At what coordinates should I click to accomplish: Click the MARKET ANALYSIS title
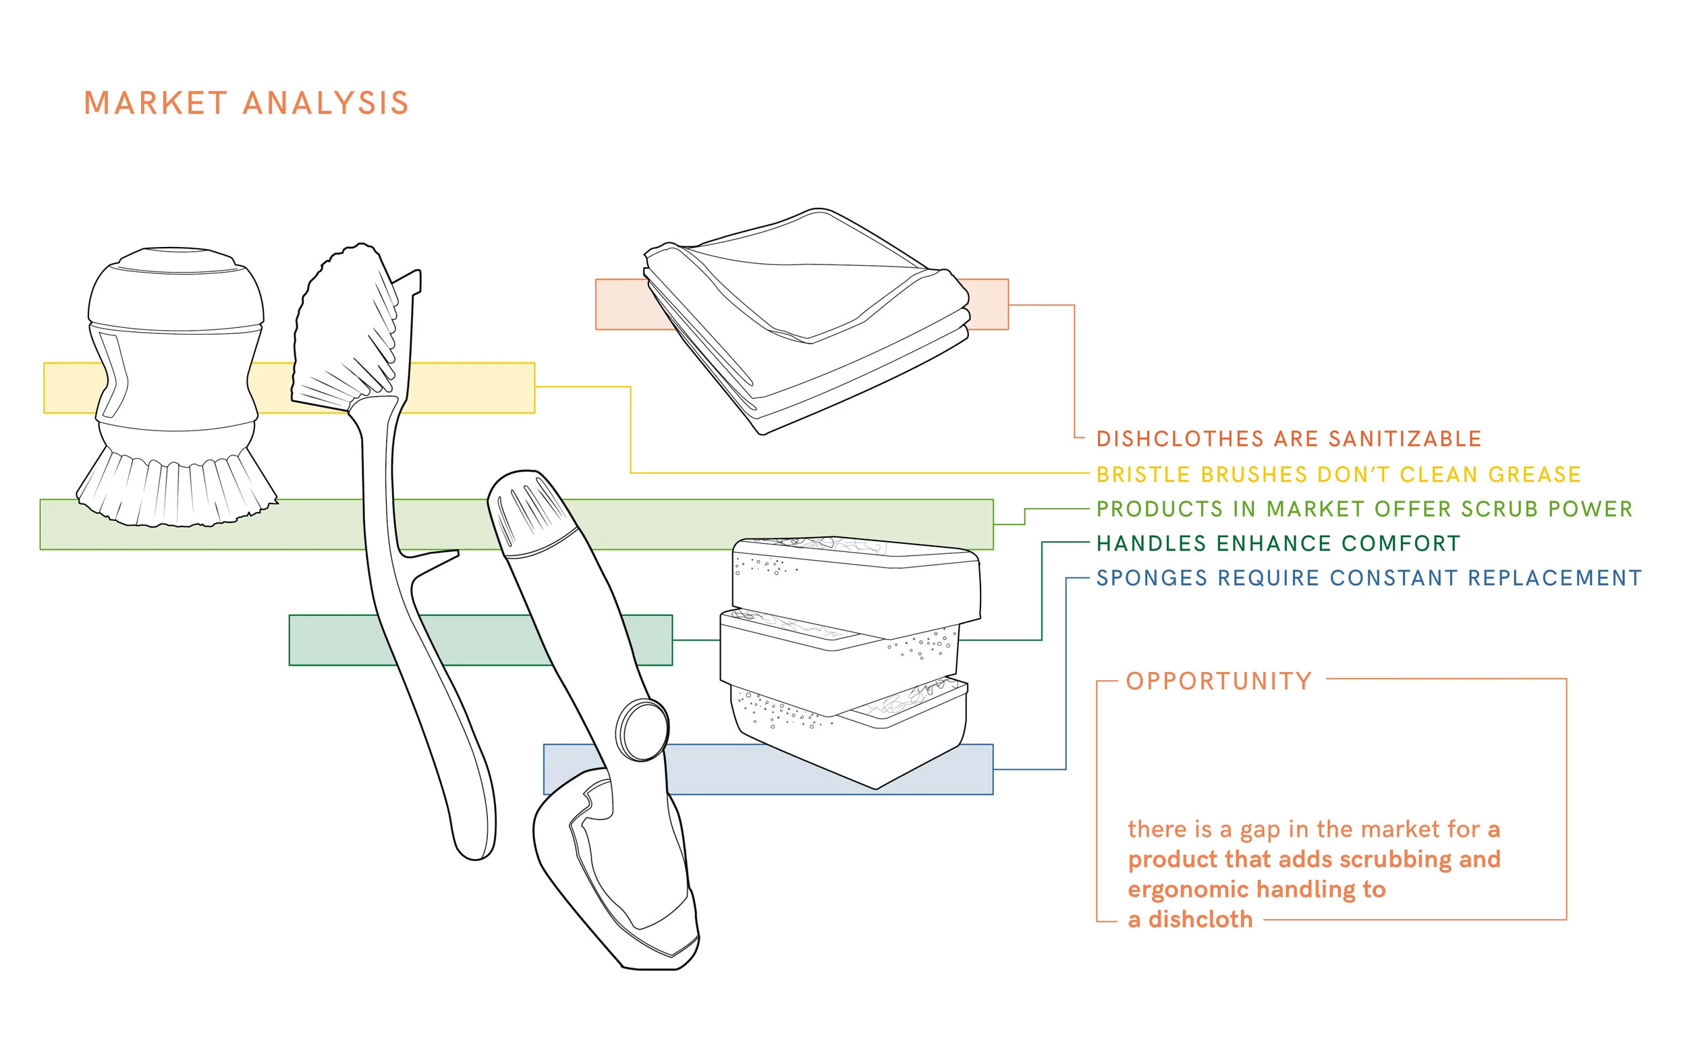(246, 103)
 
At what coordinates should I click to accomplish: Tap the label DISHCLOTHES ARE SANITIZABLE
(1289, 439)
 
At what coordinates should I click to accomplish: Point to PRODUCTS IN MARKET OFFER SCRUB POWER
(1364, 509)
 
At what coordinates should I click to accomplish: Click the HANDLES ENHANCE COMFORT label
(1279, 543)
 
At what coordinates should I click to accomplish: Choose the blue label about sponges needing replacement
(1369, 578)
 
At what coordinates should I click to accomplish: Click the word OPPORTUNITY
(1219, 681)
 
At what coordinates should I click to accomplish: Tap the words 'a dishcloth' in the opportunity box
(1190, 920)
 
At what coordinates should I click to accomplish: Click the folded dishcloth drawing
(806, 321)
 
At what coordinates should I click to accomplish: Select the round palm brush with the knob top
(176, 387)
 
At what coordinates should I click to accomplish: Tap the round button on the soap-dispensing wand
(642, 730)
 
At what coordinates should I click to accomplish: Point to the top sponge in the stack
(857, 581)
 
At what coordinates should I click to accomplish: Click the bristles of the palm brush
(177, 488)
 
